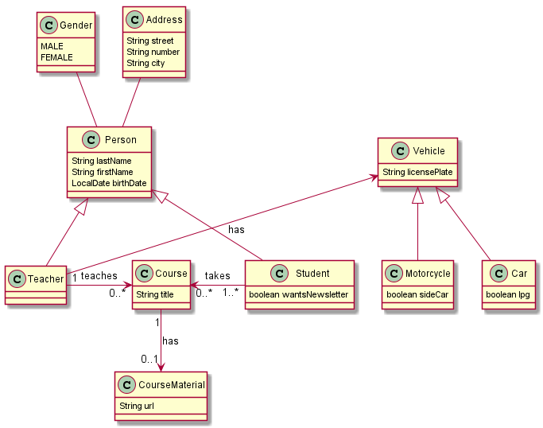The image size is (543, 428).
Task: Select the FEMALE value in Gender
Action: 56,57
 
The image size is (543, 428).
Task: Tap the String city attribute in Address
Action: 145,63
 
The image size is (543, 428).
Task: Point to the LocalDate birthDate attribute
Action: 109,183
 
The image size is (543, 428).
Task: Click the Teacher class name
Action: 45,278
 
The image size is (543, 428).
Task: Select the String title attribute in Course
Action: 155,294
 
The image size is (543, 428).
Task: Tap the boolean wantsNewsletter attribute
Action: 299,294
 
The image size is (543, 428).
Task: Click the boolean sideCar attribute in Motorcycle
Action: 417,294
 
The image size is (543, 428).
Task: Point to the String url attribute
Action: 137,406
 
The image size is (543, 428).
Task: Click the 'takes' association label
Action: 217,276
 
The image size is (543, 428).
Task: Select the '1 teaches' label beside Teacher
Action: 94,277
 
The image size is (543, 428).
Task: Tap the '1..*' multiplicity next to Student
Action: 231,293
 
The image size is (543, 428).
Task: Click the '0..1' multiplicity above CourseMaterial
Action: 149,359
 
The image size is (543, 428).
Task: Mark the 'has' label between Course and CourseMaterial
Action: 170,340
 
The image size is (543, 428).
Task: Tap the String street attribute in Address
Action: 149,41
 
